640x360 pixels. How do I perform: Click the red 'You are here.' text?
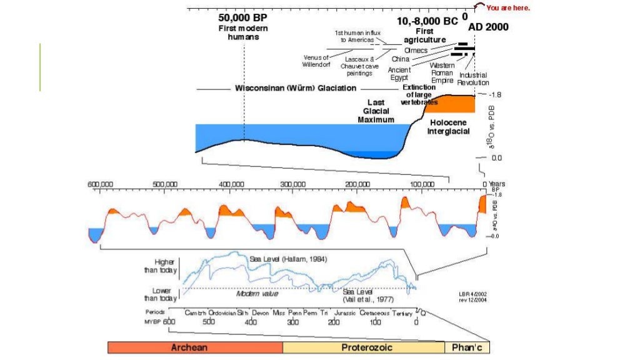tap(507, 8)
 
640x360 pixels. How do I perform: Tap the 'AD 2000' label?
tap(488, 27)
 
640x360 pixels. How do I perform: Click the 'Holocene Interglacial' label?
tap(448, 127)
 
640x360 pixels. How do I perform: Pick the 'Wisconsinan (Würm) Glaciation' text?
tap(295, 88)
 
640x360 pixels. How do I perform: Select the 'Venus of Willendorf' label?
tap(316, 61)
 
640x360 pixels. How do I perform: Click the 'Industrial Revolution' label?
tap(473, 79)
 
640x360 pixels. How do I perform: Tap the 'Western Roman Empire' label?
tap(442, 72)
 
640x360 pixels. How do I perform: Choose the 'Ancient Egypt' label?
tap(399, 74)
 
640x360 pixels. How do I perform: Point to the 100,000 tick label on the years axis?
tap(422, 185)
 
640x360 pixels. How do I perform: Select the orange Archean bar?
tap(195, 347)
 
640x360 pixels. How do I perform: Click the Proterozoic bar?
tap(363, 347)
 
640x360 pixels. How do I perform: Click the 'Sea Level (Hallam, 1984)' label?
tap(288, 259)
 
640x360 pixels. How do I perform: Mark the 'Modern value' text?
tap(256, 292)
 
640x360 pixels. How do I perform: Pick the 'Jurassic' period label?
tap(344, 312)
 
